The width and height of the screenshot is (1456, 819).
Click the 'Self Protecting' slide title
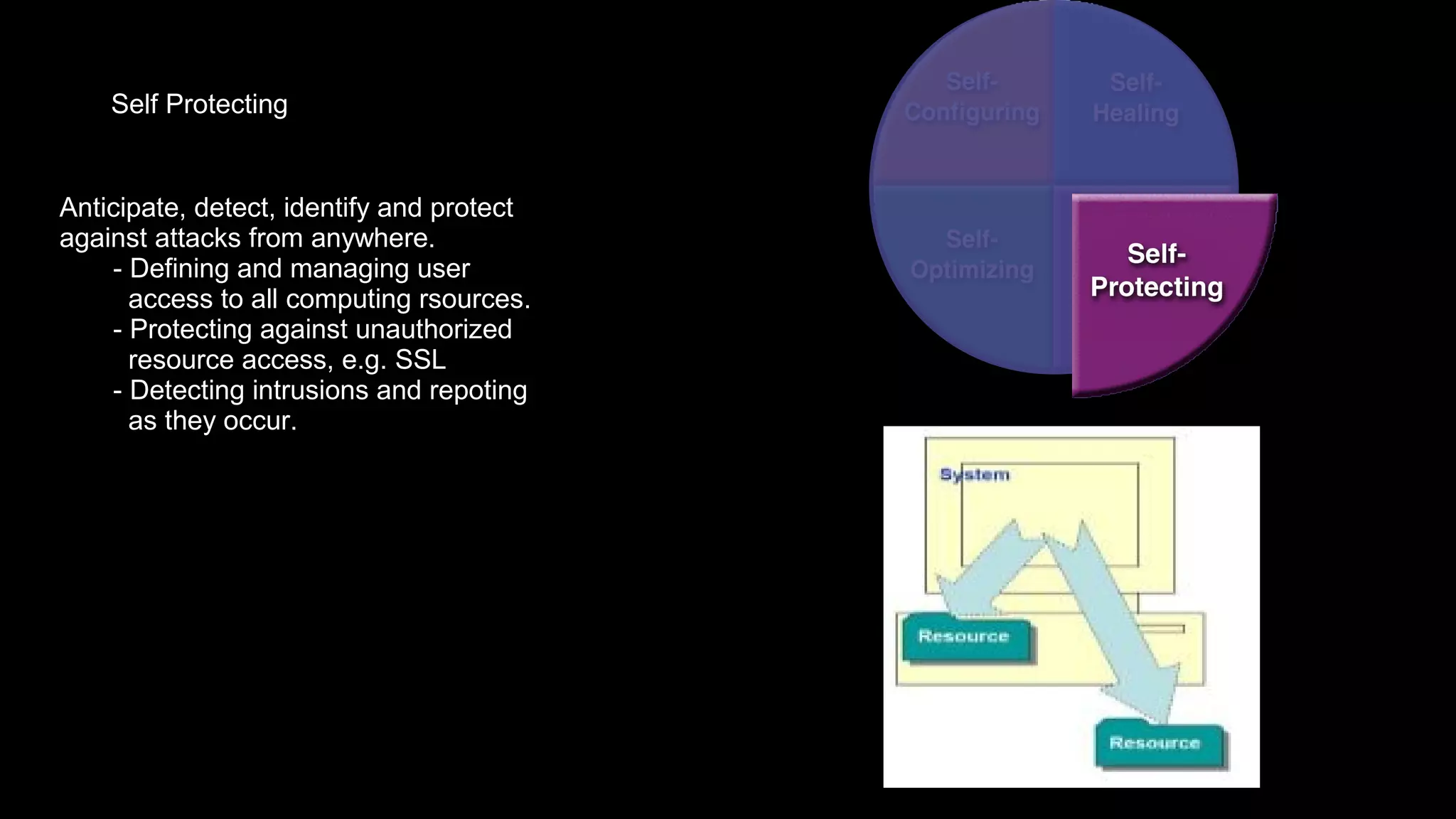click(199, 105)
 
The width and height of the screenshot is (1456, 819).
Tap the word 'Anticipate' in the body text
click(119, 208)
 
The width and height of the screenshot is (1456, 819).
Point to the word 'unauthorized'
click(433, 330)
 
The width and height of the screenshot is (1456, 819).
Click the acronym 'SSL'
click(420, 360)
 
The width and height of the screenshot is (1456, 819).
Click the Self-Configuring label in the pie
click(971, 97)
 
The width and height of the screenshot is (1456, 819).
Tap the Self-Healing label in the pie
click(1135, 98)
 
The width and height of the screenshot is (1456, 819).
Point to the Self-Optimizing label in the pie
click(971, 255)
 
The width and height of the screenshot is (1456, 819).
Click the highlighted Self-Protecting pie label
click(1156, 271)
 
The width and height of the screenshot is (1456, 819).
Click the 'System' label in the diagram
click(974, 474)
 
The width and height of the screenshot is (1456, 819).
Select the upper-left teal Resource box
click(964, 637)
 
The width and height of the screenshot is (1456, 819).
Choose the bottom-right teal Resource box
click(1155, 744)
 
